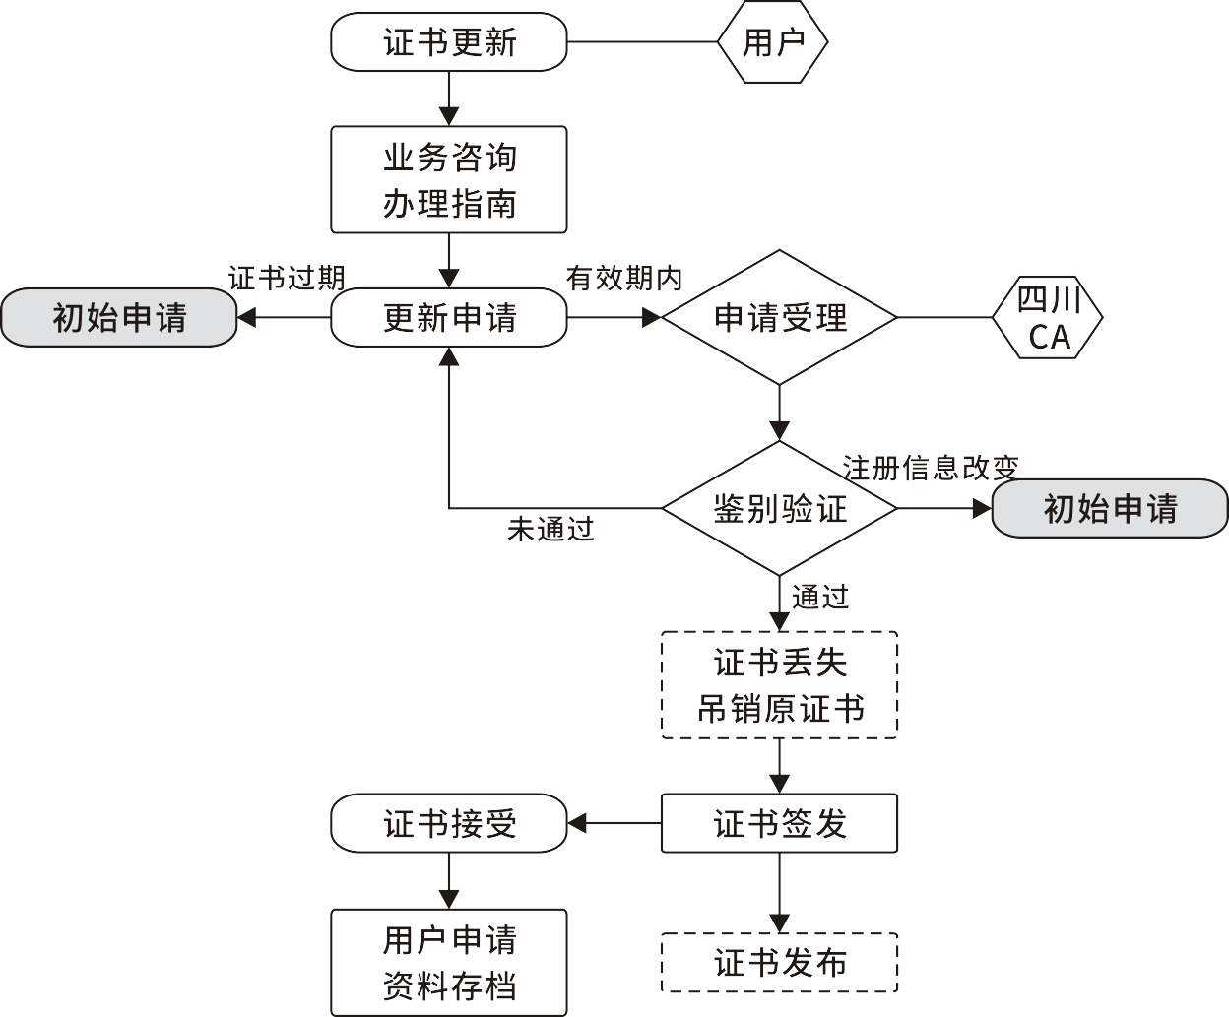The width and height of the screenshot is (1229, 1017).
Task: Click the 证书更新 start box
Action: tap(449, 42)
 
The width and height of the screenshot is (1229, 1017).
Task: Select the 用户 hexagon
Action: tap(773, 42)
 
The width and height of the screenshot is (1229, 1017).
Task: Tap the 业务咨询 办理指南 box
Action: tap(449, 179)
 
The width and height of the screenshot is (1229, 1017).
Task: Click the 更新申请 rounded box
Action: tap(449, 317)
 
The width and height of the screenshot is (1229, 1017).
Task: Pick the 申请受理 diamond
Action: tap(779, 317)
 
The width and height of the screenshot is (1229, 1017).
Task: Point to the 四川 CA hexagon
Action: tap(1048, 318)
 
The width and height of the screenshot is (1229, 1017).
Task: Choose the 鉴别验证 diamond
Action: tap(779, 508)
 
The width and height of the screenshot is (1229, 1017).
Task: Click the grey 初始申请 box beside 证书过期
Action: tap(119, 317)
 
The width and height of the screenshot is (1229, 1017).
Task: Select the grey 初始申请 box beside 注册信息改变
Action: tap(1110, 508)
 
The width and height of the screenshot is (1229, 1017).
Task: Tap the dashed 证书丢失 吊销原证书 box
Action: tap(779, 684)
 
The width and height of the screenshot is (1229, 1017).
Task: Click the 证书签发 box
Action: tap(779, 823)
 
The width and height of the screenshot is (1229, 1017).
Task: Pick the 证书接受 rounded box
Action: tap(449, 823)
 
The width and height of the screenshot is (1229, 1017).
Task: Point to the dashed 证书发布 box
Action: tap(779, 963)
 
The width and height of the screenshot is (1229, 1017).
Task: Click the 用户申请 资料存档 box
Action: tap(449, 962)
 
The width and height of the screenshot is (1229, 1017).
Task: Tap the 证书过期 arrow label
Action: tap(287, 278)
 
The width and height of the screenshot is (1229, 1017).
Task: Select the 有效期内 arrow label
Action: tap(624, 278)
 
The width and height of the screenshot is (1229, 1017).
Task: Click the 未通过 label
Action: tap(550, 530)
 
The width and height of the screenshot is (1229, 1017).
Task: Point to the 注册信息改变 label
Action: tap(930, 467)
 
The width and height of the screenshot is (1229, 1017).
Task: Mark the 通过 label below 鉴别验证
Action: tap(819, 597)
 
